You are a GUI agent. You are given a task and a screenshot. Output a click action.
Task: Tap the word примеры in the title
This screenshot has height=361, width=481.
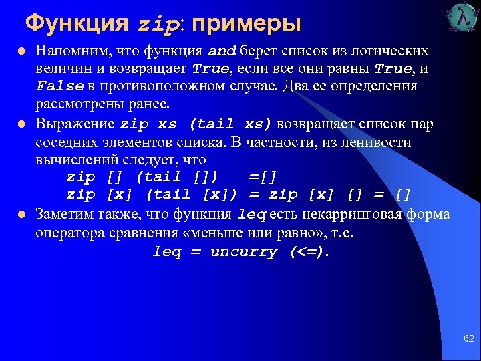247,24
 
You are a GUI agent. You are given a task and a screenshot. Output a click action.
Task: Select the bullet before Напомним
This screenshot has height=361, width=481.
21,52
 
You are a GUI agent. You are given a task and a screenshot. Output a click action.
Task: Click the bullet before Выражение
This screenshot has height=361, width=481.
21,124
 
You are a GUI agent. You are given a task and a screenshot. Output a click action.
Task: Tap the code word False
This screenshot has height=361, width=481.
60,87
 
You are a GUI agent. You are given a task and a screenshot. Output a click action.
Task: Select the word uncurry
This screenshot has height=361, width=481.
243,252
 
